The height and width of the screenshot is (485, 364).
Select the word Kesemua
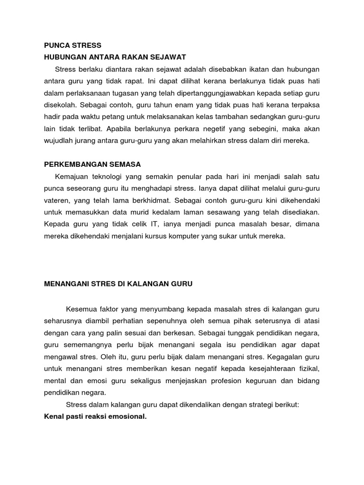pos(83,308)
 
